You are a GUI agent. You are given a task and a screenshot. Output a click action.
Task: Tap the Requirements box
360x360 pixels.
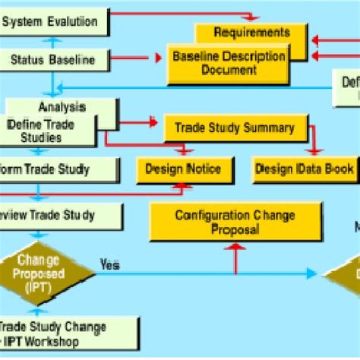coord(251,33)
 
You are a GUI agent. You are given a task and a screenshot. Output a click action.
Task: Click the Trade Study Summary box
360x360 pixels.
coord(235,127)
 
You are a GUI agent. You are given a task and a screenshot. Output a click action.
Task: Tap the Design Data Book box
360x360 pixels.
coord(303,169)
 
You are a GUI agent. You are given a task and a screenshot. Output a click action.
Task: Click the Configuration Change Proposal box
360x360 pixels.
coord(235,221)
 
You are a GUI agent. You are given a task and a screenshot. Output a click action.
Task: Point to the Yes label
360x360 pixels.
coord(109,264)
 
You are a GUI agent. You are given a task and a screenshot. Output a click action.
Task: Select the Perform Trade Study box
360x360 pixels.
coord(50,169)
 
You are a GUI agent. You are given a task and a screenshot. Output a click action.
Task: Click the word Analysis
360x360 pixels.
coord(62,108)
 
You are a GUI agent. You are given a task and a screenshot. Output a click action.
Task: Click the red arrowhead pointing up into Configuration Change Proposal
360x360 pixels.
coord(235,246)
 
